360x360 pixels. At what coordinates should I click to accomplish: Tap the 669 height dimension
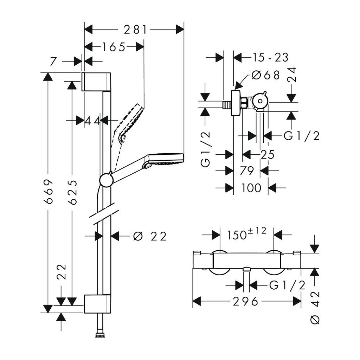coord(48,192)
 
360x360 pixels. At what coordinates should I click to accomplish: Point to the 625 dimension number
coord(72,192)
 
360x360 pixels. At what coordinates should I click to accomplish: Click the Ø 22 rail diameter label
coord(150,236)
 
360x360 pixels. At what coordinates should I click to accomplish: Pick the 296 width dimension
coord(246,301)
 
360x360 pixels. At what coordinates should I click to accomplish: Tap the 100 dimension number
coord(251,188)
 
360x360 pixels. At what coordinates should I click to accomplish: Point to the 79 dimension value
coord(247,171)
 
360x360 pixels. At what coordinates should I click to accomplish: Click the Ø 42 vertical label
coord(315,307)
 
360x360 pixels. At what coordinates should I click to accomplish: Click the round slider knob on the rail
coord(107,180)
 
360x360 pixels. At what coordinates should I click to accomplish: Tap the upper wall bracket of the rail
coord(97,82)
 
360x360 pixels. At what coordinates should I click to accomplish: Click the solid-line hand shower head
coord(167,160)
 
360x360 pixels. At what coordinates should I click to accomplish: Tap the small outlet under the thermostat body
coord(247,270)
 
